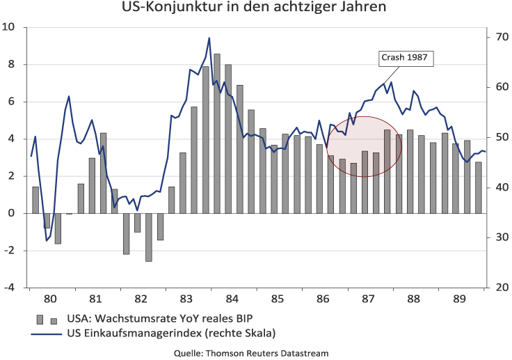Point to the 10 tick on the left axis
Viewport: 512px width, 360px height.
click(9, 28)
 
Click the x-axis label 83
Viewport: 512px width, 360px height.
click(186, 299)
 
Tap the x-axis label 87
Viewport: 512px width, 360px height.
click(369, 299)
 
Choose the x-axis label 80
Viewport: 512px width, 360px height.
click(50, 299)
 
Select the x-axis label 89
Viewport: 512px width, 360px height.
click(460, 299)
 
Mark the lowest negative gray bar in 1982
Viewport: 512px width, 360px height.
click(149, 237)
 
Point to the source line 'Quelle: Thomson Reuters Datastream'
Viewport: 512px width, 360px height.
click(251, 353)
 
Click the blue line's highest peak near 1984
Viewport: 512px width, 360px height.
click(209, 38)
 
